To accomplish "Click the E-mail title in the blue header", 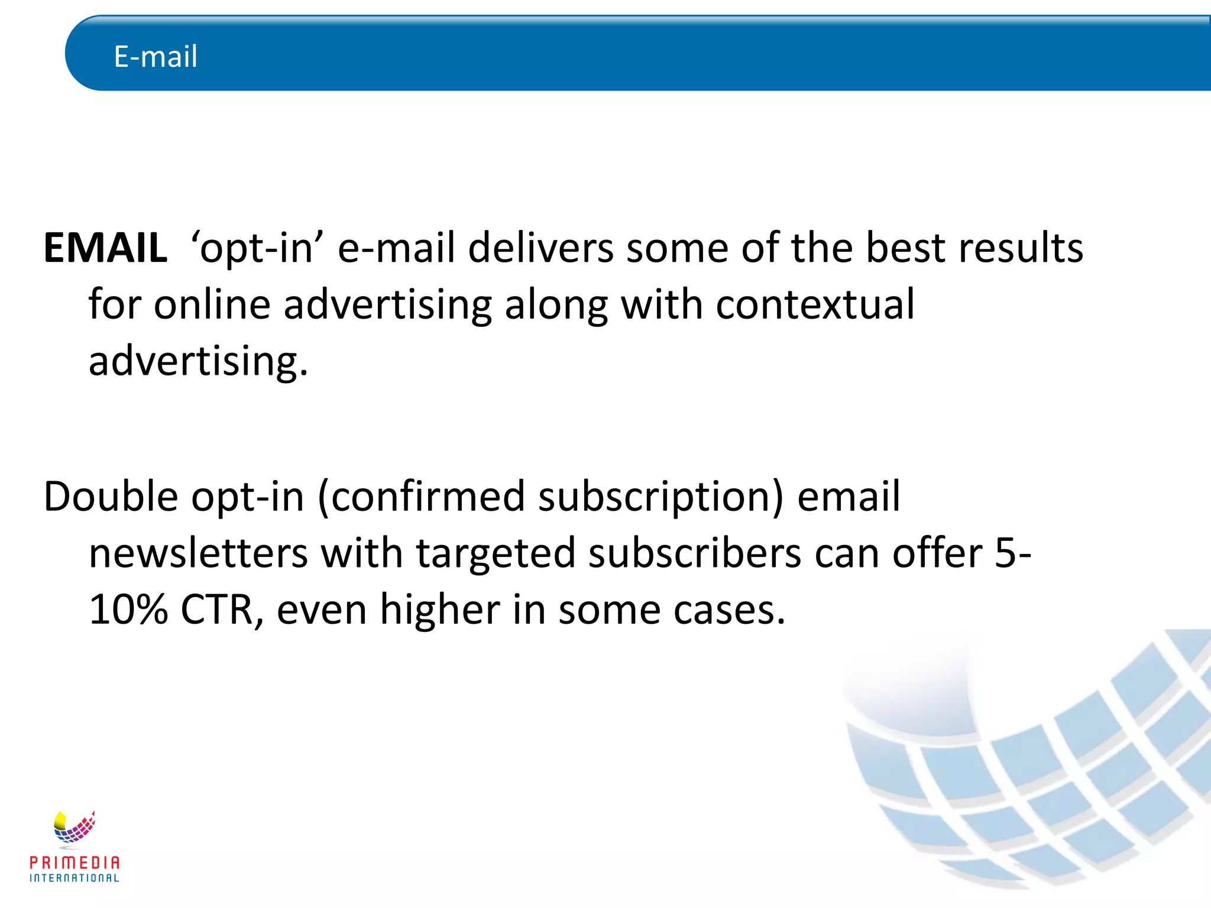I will click(156, 57).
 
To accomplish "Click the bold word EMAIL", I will click(105, 248).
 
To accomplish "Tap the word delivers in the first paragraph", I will click(540, 248).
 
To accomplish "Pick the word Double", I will click(111, 497).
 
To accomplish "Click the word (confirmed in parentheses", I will click(421, 497).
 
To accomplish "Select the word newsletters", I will click(198, 553).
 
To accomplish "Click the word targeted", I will click(496, 554).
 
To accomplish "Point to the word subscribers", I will click(695, 553).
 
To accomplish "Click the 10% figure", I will click(128, 610).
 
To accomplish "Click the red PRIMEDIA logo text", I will click(75, 863).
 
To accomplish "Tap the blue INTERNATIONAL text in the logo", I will click(75, 878).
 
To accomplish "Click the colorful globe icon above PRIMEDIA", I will click(74, 828).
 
